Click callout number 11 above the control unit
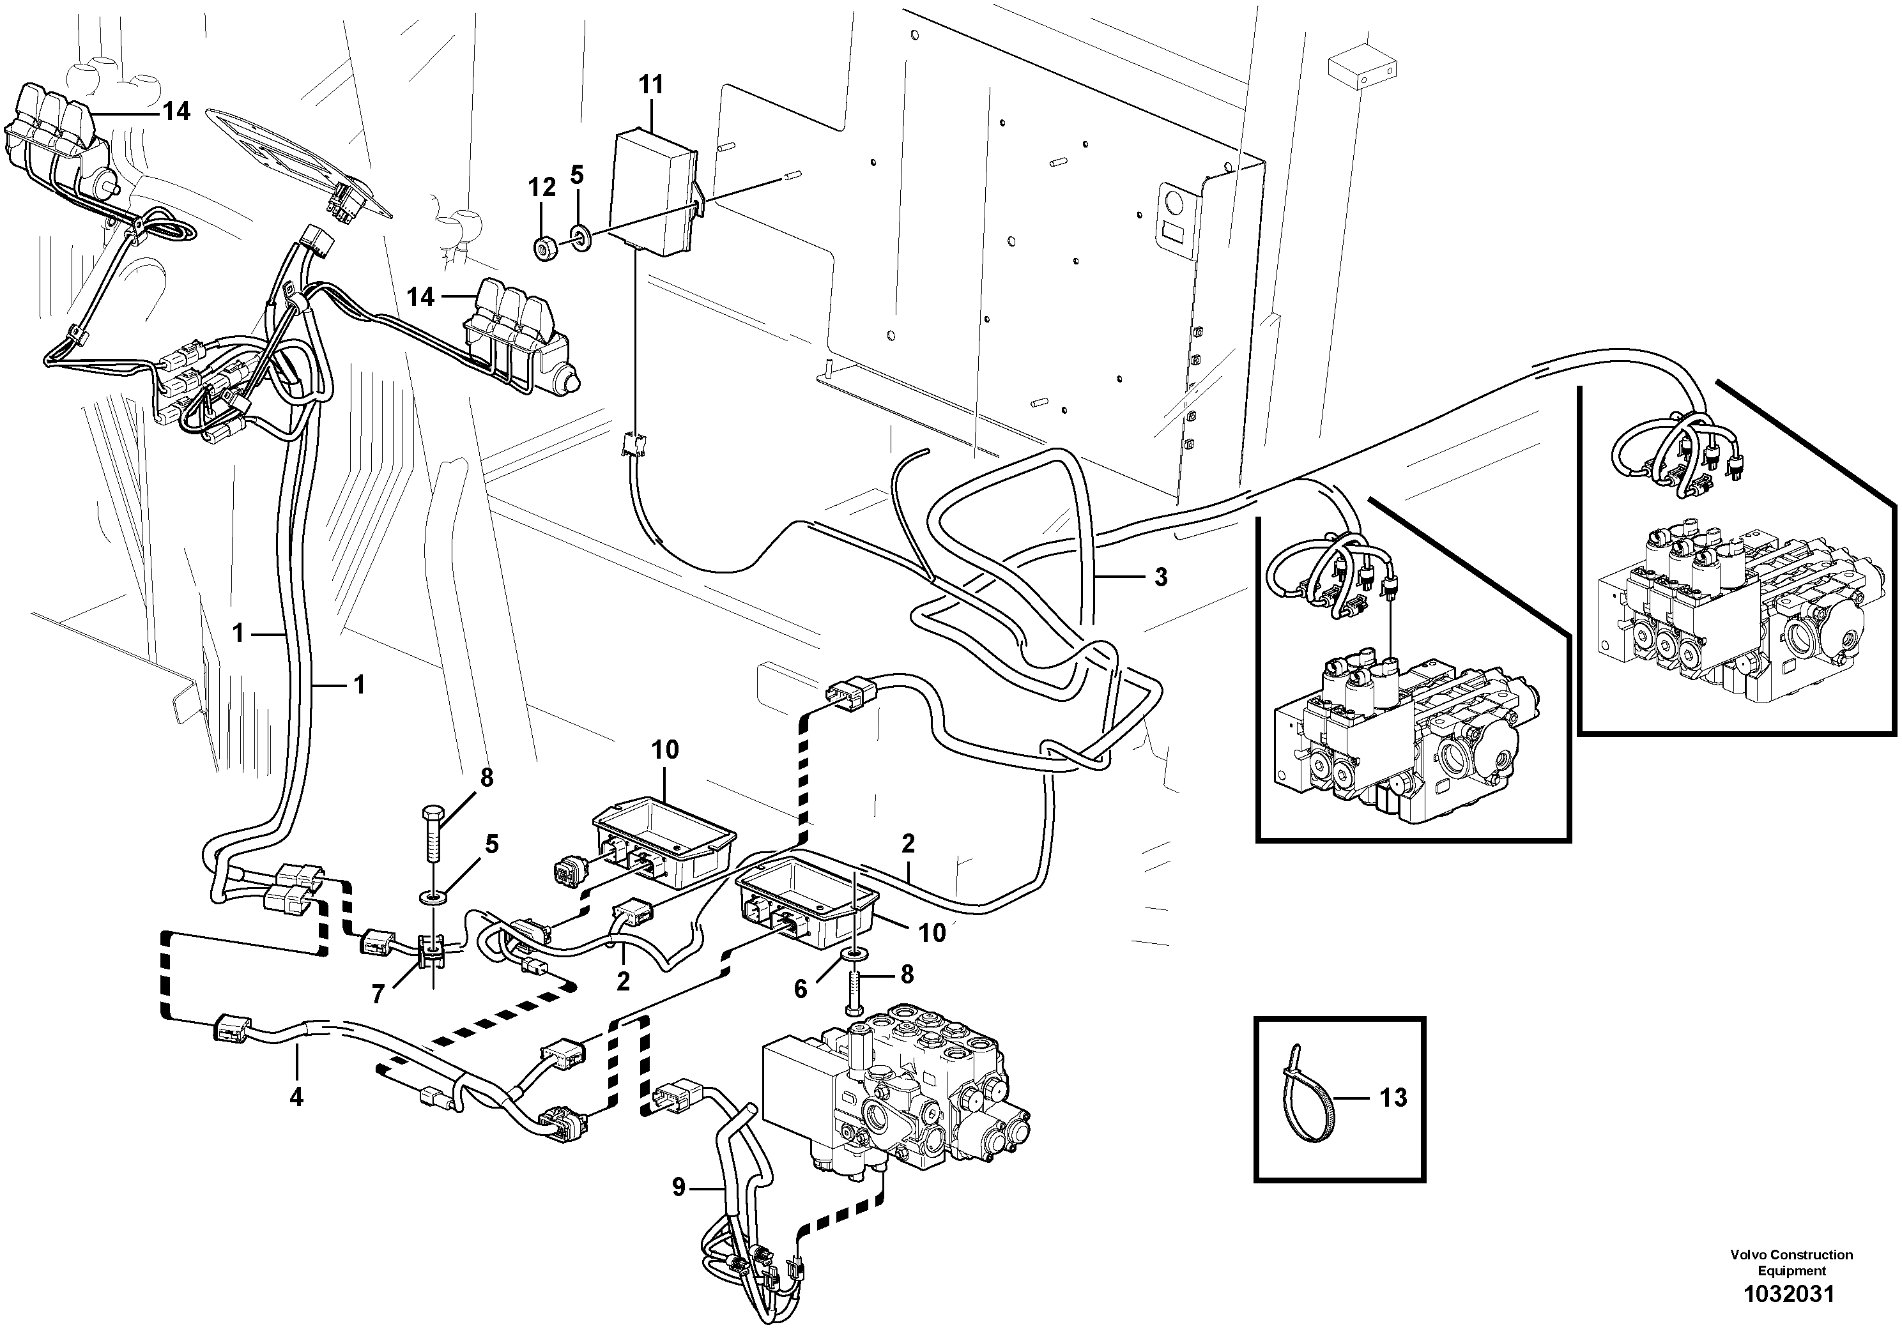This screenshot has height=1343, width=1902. pos(652,84)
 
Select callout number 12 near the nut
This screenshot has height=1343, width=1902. pos(542,188)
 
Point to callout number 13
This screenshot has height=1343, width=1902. pos(1393,1097)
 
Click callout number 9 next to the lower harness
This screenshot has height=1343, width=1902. pos(679,1188)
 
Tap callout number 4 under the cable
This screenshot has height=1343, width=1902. pos(296,1097)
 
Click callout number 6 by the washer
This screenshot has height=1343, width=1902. pos(801,989)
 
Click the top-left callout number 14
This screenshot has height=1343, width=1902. pos(176,111)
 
